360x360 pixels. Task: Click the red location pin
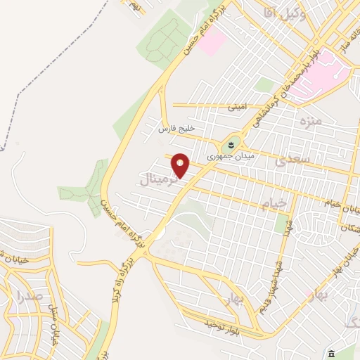181,165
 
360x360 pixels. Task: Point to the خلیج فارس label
176,129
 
